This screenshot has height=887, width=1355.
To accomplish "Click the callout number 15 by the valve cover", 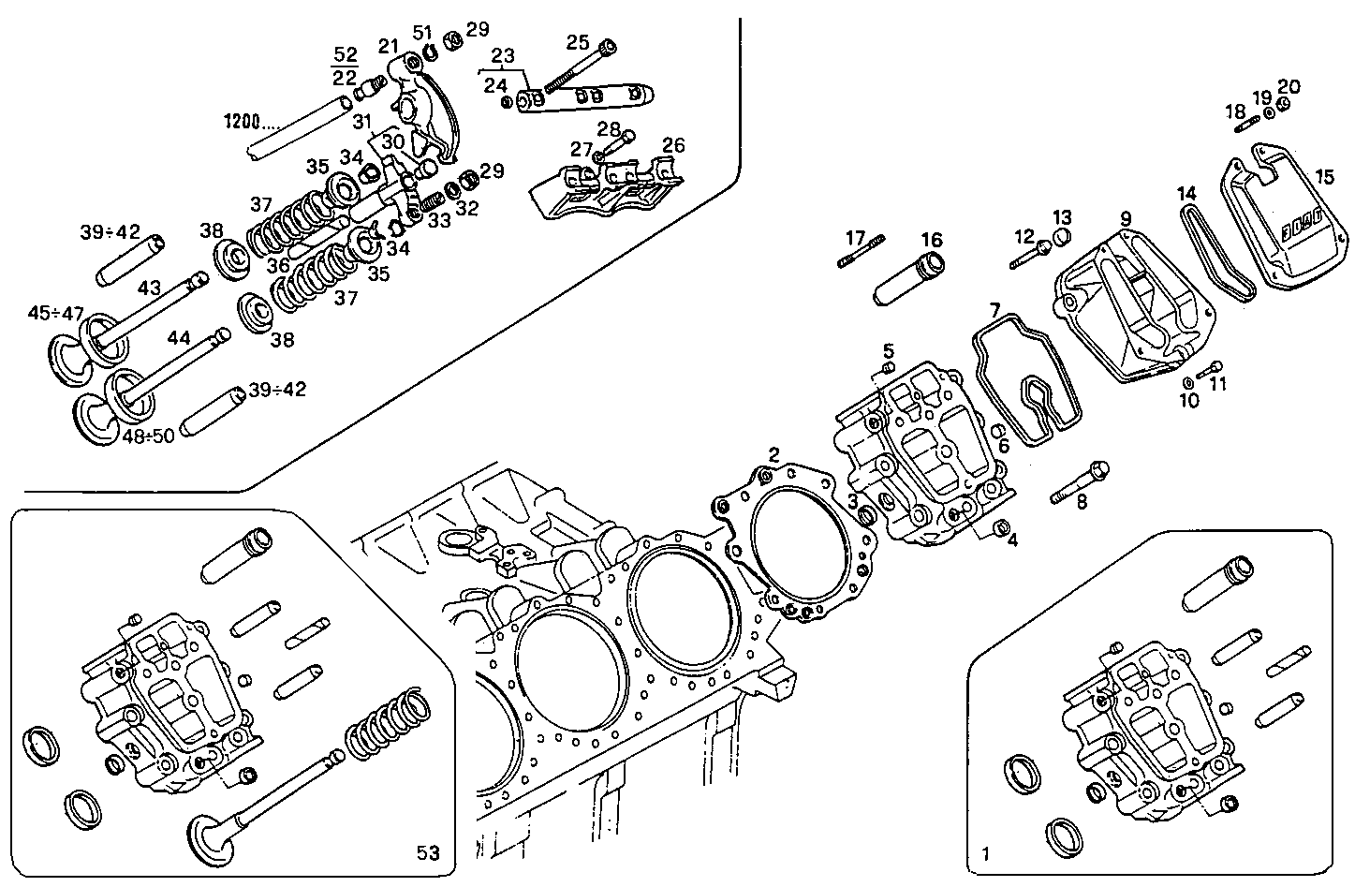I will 1324,177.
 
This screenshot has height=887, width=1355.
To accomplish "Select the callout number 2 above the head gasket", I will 773,454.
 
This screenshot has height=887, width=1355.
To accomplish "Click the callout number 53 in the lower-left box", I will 428,852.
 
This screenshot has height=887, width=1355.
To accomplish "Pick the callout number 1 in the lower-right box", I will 984,854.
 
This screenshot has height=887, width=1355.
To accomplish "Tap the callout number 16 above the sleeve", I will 931,240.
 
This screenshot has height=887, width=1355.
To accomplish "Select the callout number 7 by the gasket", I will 994,309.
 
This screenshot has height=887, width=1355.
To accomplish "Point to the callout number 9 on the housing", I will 1126,218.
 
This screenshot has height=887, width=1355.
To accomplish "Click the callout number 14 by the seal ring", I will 1186,194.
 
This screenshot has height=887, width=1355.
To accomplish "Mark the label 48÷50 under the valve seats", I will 149,436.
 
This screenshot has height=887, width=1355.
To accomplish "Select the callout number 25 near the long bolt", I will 578,42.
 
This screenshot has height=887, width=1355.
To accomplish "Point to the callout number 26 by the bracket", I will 673,145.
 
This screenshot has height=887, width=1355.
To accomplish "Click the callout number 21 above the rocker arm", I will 389,46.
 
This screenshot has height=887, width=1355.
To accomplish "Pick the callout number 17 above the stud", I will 854,237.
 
